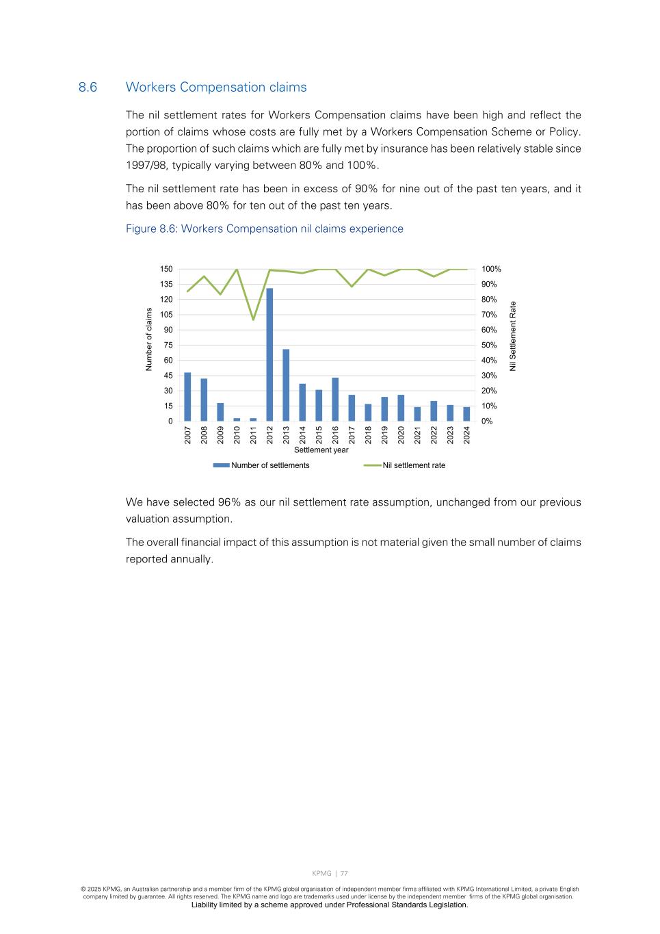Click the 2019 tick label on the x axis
click(x=384, y=435)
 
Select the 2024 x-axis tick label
click(x=466, y=435)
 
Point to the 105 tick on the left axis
click(x=167, y=315)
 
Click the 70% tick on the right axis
click(x=489, y=315)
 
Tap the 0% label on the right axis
click(x=487, y=421)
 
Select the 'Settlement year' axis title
click(x=321, y=450)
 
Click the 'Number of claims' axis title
click(x=148, y=339)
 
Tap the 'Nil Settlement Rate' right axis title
click(x=513, y=336)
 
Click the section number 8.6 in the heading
click(x=88, y=87)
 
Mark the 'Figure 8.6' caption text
click(x=264, y=229)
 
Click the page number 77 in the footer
click(x=344, y=873)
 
